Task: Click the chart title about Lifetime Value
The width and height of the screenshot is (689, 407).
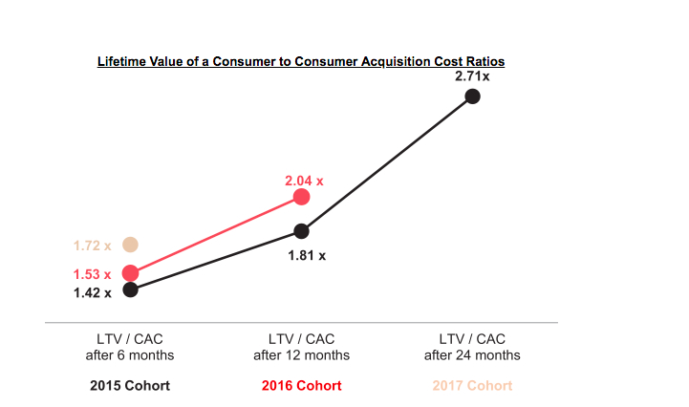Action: coord(301,61)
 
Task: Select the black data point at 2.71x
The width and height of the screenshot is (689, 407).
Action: coord(472,96)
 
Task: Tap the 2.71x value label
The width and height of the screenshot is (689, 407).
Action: coord(472,75)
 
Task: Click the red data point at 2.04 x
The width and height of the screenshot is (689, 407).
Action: coord(301,197)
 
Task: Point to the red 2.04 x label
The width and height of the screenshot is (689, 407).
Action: coord(304,180)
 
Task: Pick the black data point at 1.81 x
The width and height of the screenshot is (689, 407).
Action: coord(301,230)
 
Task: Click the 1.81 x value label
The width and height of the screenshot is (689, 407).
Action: coord(307,255)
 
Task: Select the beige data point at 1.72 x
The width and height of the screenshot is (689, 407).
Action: coord(131,245)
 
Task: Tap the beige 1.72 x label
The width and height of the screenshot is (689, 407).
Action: coord(93,246)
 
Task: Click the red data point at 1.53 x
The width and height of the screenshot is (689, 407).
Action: coord(131,273)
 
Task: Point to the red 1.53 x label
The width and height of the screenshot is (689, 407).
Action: coord(93,274)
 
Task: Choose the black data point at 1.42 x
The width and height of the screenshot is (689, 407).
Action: coord(131,289)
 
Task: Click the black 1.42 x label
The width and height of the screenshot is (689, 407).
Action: coord(93,292)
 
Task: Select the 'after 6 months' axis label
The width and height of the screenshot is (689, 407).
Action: coord(131,355)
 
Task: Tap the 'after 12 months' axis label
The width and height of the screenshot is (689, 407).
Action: coord(301,355)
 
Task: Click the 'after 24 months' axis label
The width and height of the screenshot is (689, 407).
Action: coord(472,355)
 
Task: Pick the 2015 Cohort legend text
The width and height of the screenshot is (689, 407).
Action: coord(131,386)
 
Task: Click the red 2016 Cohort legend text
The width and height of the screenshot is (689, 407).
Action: coord(301,386)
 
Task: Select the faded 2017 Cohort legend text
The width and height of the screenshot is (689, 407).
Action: coord(472,386)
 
